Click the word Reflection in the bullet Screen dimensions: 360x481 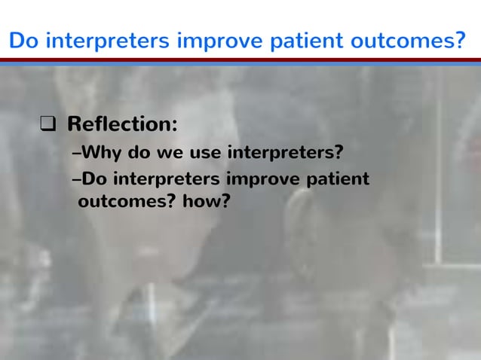121,123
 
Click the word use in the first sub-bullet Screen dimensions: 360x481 205,154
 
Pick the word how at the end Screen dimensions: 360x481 202,202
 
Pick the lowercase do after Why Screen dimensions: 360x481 140,154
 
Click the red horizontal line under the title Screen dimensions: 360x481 240,59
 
